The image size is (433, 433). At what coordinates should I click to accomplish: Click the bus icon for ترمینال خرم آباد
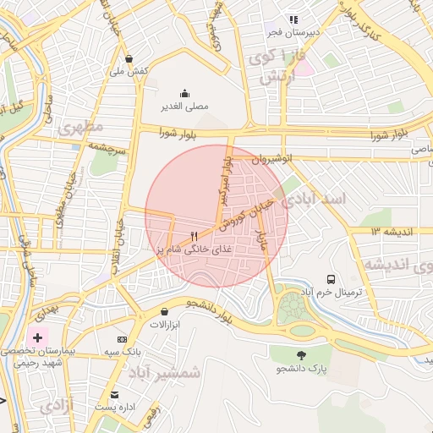pos(331,278)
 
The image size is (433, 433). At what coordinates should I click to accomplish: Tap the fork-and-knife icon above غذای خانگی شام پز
pos(194,236)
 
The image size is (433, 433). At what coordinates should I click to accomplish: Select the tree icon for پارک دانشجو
pos(300,355)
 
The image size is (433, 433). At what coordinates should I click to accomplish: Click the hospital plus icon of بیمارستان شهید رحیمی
pos(37,337)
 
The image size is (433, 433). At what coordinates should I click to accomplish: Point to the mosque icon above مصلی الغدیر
pos(184,93)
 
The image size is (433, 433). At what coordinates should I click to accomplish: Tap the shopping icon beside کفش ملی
pos(129,59)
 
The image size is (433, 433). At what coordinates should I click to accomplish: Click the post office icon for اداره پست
pos(114,395)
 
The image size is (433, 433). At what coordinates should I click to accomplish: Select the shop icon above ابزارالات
pos(163,311)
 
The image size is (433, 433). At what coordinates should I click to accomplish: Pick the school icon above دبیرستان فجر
pos(293,19)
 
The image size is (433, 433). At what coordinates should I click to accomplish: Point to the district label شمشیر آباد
pos(164,371)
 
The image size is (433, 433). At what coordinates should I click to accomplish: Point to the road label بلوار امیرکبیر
pos(225,179)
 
